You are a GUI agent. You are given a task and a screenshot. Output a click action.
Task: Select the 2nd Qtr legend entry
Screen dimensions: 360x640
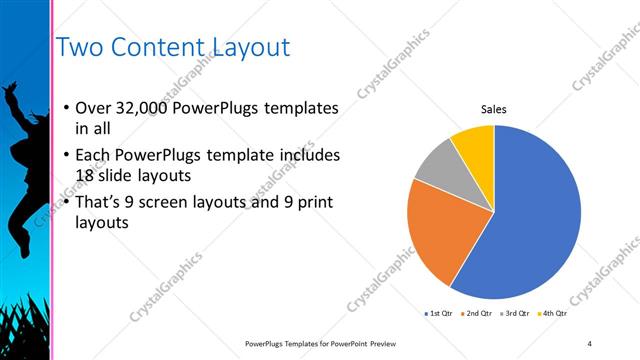pos(478,314)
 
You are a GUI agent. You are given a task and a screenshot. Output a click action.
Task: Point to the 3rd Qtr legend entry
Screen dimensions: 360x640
pos(515,314)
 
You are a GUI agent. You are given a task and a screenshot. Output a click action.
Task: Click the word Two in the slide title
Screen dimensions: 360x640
pos(78,47)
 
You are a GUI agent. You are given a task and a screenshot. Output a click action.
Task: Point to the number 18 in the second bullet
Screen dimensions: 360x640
pos(86,175)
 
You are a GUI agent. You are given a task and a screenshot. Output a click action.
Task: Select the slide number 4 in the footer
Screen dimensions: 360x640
pos(590,343)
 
